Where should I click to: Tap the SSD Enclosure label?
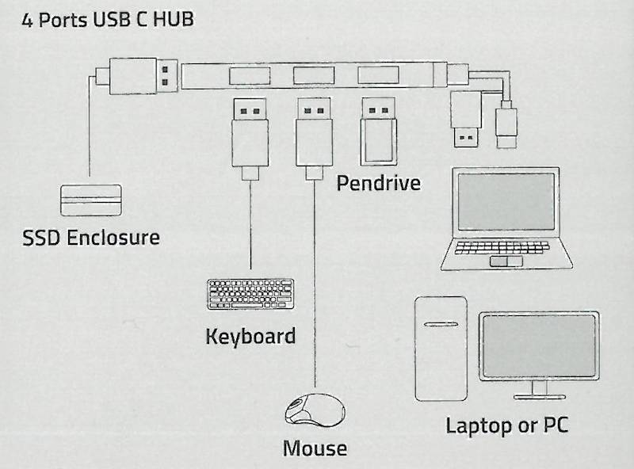90,237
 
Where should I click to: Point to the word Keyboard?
250,335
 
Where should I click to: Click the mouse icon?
315,410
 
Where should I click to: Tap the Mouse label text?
315,448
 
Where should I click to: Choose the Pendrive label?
378,184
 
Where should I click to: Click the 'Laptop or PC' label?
506,425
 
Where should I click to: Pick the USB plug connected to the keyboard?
250,131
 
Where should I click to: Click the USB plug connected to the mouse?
314,131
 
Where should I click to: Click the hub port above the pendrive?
377,76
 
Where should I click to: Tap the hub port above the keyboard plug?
250,76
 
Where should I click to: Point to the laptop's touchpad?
502,261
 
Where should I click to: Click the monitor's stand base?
539,394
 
